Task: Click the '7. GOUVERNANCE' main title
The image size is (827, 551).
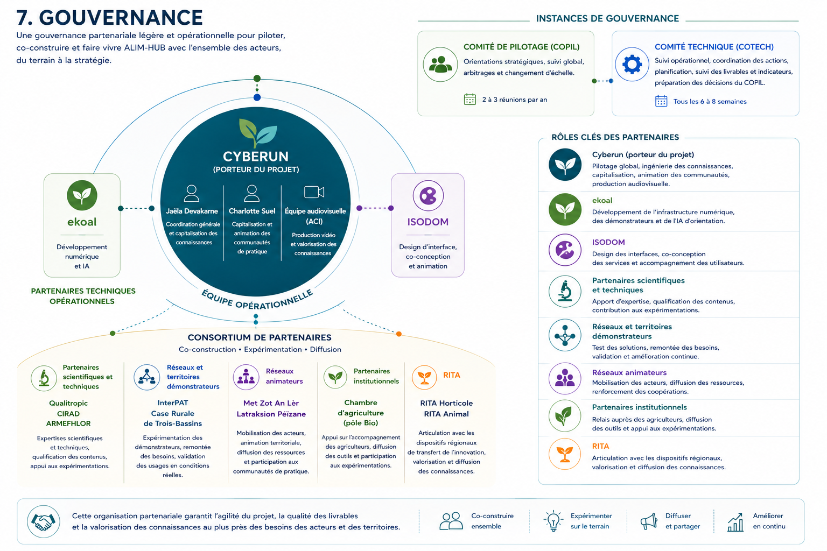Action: pos(109,17)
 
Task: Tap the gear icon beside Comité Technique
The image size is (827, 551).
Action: pos(632,64)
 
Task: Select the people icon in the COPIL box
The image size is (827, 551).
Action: pos(440,65)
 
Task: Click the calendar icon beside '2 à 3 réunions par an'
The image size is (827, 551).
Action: pos(469,99)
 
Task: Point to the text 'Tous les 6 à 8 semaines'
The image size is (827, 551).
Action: pos(710,102)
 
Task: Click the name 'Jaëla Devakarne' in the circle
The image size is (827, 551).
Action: pos(192,211)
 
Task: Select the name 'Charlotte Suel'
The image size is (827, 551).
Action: pos(252,211)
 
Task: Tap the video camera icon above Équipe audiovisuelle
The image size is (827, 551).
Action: pos(314,192)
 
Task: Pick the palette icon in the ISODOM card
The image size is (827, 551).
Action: pos(428,196)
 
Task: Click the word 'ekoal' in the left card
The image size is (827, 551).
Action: pos(82,222)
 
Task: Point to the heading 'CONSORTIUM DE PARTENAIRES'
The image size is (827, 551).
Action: pos(260,337)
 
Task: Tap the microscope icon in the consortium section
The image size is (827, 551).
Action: pos(44,378)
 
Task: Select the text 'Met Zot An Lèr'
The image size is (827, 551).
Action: pos(271,403)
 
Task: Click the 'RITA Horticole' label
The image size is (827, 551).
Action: pos(446,403)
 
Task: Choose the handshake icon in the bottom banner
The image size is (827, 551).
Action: pos(44,521)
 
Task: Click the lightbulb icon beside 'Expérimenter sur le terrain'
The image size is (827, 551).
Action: pos(553,521)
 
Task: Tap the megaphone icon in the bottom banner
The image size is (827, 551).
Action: pos(649,521)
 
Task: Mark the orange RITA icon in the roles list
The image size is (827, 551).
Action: pos(565,454)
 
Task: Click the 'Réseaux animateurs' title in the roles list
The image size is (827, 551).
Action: pos(629,373)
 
